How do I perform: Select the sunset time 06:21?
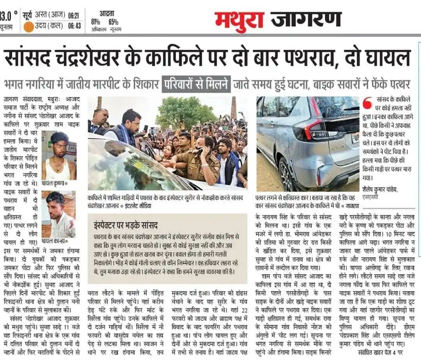click(74, 16)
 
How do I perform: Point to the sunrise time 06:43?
click(74, 26)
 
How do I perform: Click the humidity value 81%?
click(96, 22)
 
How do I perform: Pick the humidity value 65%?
click(113, 22)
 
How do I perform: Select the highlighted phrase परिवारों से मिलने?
click(196, 84)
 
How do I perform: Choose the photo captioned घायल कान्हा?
click(58, 214)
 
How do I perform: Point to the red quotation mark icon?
click(367, 103)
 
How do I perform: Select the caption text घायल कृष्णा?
click(53, 183)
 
